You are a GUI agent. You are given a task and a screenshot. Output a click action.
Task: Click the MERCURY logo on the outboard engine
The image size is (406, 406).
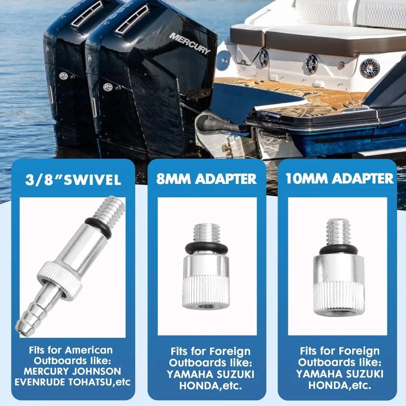pyautogui.click(x=190, y=43)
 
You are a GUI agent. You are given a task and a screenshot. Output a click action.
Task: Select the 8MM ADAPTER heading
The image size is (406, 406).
pyautogui.click(x=207, y=179)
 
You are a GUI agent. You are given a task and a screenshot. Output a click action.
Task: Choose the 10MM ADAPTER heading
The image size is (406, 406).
pyautogui.click(x=340, y=179)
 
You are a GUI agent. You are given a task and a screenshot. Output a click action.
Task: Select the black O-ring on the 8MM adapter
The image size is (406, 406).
pyautogui.click(x=206, y=249)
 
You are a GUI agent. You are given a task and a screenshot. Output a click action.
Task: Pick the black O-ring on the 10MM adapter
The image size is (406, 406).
pyautogui.click(x=338, y=248)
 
